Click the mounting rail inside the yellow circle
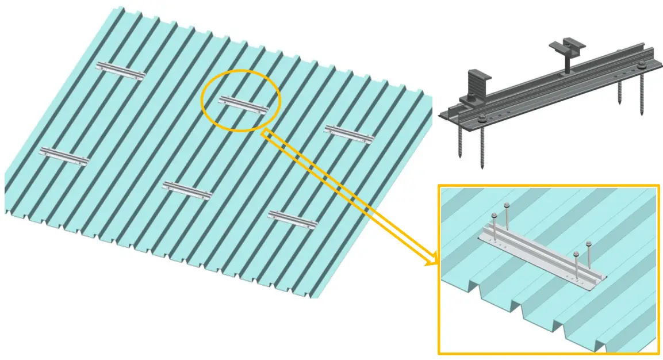point(244,105)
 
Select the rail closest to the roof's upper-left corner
point(120,71)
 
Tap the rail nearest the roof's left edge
point(64,155)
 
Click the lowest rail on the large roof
point(293,219)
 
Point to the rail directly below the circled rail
point(187,190)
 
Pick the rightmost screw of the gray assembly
point(641,95)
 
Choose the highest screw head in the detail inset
point(507,205)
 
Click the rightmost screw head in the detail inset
point(588,244)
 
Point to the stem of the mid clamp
point(567,63)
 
